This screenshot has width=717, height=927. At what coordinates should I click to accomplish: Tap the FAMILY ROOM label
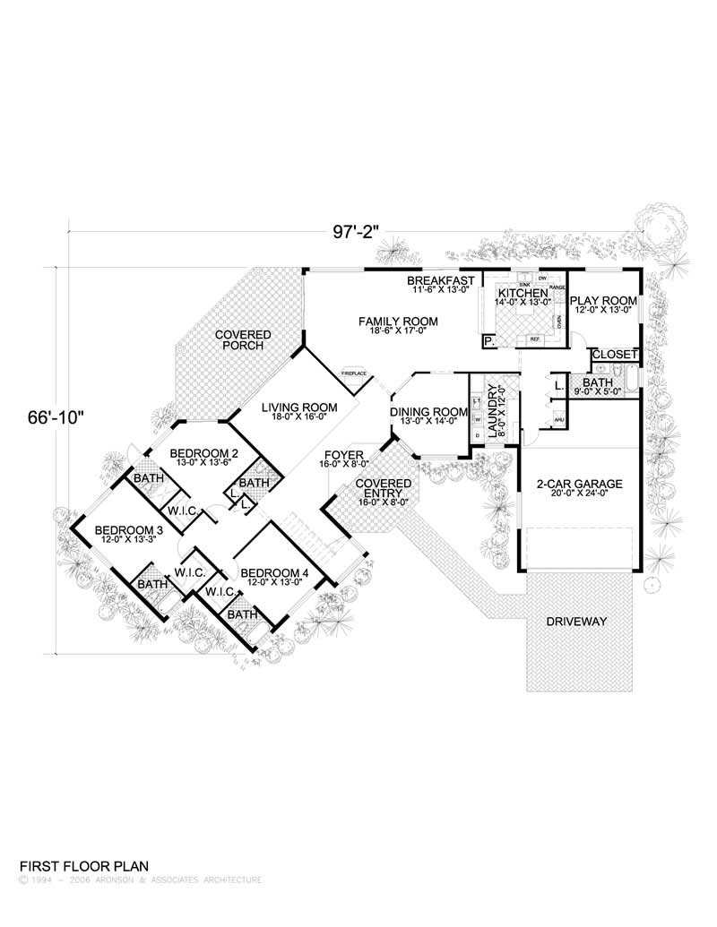398,321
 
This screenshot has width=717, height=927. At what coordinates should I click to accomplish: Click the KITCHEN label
523,294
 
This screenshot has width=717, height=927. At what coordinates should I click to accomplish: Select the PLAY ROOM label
603,301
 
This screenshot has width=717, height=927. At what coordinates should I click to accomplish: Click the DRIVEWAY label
577,621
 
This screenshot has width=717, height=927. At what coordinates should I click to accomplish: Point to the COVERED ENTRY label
383,489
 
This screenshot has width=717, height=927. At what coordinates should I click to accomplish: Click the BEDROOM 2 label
203,452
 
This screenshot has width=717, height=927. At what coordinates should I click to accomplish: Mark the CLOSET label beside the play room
615,355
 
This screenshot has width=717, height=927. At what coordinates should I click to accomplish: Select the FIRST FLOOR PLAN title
83,866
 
